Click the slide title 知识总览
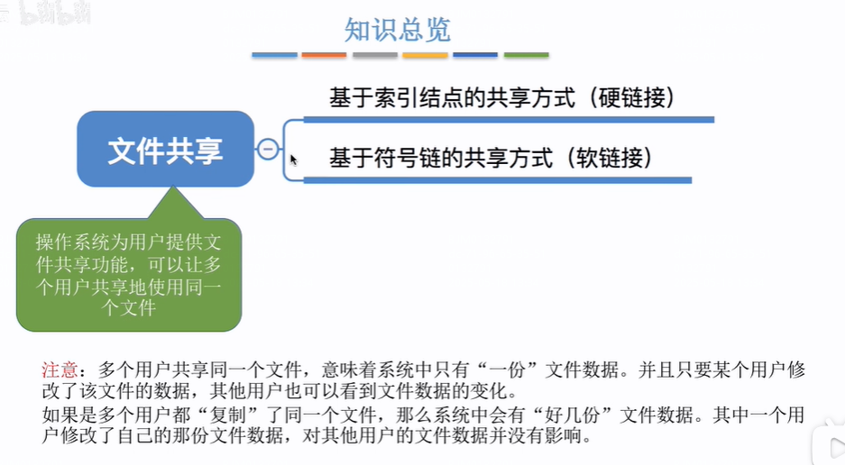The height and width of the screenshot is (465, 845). click(x=397, y=30)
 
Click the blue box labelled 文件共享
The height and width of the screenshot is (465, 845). click(x=165, y=150)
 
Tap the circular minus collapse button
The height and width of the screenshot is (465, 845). click(x=268, y=150)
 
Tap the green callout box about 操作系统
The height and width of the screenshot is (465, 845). click(x=128, y=274)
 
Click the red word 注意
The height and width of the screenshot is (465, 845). click(x=60, y=369)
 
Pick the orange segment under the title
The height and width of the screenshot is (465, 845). click(x=325, y=55)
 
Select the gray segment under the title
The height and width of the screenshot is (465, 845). click(x=375, y=55)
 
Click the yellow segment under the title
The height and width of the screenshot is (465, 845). click(x=426, y=55)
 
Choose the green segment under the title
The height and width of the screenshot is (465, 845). click(x=527, y=55)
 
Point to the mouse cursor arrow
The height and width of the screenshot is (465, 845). click(x=293, y=160)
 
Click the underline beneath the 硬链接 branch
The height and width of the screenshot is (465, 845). click(x=510, y=119)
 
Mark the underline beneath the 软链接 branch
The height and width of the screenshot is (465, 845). click(x=498, y=180)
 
